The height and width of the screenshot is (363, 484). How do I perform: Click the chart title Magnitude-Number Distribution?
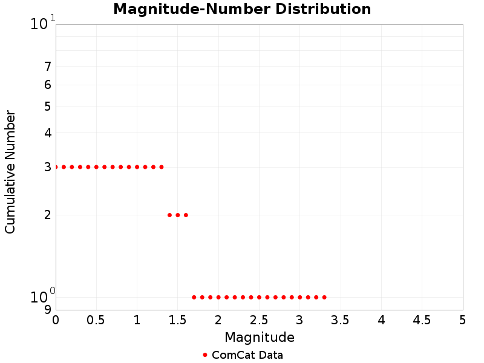click(x=242, y=10)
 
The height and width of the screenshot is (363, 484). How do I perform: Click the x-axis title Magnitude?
click(x=260, y=337)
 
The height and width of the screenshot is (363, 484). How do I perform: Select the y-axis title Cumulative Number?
click(x=10, y=172)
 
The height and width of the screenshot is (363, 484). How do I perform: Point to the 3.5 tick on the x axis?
click(x=340, y=319)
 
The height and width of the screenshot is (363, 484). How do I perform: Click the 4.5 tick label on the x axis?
click(x=422, y=319)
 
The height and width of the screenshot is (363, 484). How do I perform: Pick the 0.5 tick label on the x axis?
click(x=96, y=319)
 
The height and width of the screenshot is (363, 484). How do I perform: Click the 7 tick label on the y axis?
click(x=47, y=67)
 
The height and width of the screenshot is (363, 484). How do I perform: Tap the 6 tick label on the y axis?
click(x=47, y=85)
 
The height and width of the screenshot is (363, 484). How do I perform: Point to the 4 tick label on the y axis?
click(x=47, y=133)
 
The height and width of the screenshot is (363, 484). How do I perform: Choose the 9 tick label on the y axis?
click(x=47, y=310)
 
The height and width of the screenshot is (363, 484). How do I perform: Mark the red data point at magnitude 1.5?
click(x=178, y=215)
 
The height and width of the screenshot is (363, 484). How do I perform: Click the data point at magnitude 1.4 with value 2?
click(x=169, y=215)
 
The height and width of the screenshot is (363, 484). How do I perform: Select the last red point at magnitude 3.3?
click(x=324, y=297)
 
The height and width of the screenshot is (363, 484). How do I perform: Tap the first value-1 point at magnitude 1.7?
click(x=194, y=297)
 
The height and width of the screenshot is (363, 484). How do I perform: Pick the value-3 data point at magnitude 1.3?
click(x=162, y=167)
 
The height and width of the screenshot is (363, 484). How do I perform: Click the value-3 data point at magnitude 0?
click(x=56, y=167)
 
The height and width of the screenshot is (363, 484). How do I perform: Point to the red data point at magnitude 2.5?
click(x=259, y=297)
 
